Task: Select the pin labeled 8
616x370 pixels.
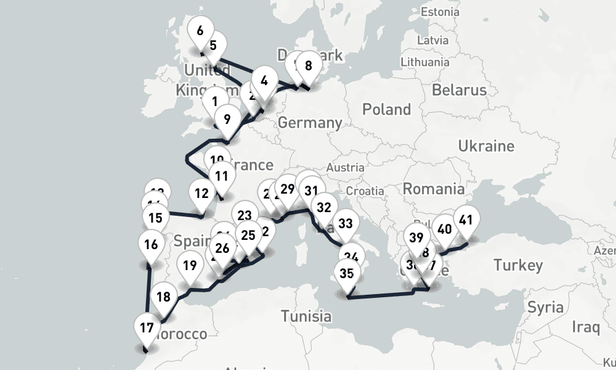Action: coord(308,66)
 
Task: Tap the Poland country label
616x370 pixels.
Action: coord(386,110)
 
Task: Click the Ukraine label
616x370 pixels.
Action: coord(485,146)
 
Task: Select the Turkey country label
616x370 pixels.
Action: coord(518,265)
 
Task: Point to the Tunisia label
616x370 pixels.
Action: coord(306,316)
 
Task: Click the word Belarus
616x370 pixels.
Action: coord(459,89)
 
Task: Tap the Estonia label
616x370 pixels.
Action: coord(439,12)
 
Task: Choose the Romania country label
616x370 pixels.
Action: coord(434,189)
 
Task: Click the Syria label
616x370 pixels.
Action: coord(545,307)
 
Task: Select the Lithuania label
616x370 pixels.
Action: coord(424,62)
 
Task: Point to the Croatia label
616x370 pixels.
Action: coord(369,191)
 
